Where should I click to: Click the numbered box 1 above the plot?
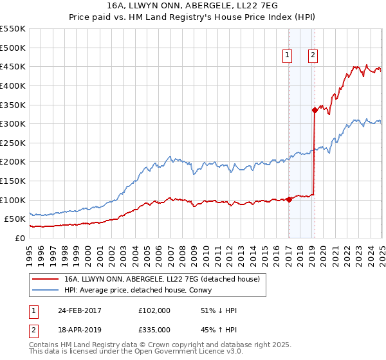click(286, 56)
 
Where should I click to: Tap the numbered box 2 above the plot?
click(313, 56)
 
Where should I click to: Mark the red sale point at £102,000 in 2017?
click(289, 199)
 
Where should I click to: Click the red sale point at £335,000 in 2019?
click(315, 110)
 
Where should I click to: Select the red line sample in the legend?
click(47, 279)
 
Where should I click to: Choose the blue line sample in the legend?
click(47, 290)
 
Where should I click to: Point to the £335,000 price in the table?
click(154, 329)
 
